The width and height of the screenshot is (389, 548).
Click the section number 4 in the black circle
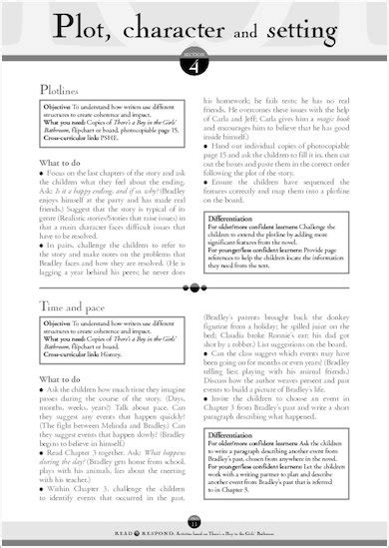pos(195,65)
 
